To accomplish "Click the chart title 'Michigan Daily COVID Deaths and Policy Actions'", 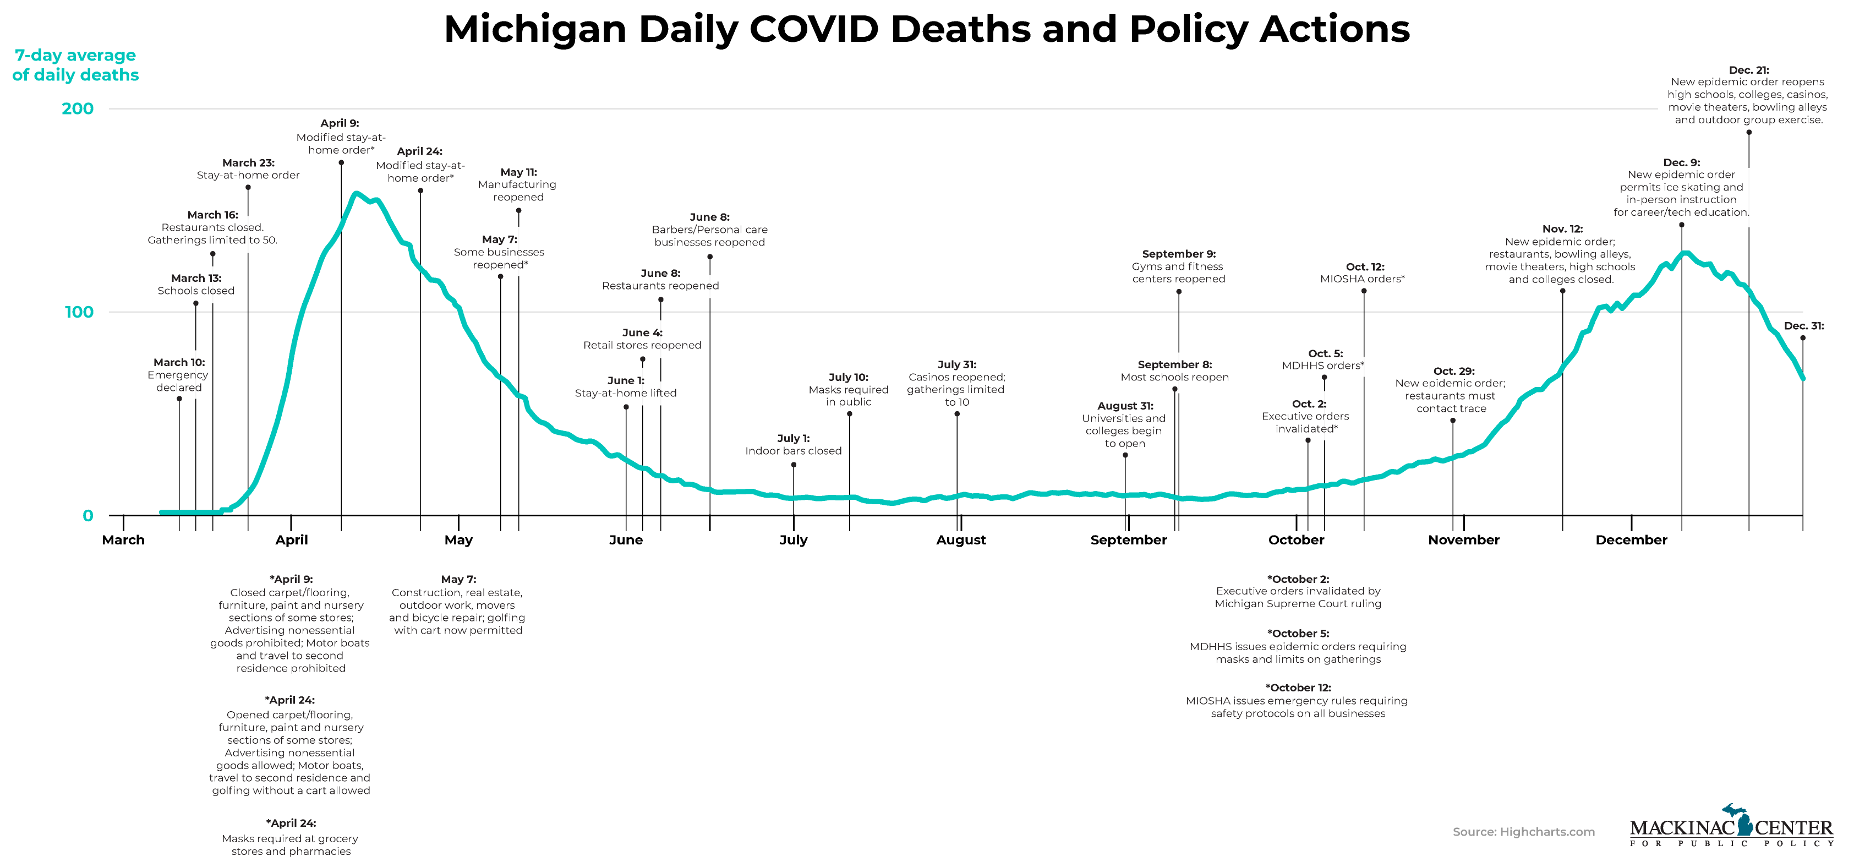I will click(x=926, y=30).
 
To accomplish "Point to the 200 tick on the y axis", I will click(x=78, y=109).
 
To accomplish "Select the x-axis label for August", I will click(x=961, y=540).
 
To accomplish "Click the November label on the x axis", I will click(x=1463, y=540).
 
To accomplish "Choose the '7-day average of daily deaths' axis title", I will click(x=75, y=65).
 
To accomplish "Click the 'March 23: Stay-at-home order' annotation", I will click(x=248, y=169).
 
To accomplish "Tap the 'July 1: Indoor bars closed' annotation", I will click(x=793, y=445).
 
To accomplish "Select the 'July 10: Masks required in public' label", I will click(x=849, y=390).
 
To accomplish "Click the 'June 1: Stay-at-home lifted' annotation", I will click(x=626, y=386).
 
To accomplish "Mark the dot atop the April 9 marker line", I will click(x=341, y=163).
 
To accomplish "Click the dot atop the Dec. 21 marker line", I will click(x=1749, y=133).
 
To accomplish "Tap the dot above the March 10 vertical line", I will click(x=179, y=399).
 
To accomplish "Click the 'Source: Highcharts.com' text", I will click(x=1524, y=832).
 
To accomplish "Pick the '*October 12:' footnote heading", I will click(x=1298, y=688).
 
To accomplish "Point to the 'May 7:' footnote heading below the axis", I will click(x=458, y=580).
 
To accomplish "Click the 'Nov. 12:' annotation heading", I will click(x=1562, y=229).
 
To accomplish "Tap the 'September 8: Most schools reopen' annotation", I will click(x=1174, y=371).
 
